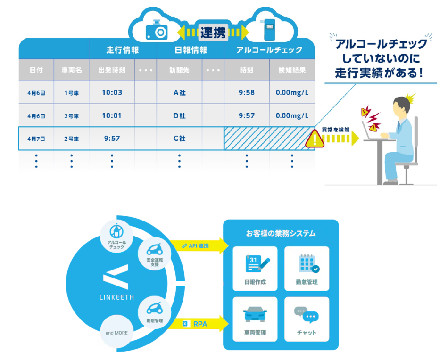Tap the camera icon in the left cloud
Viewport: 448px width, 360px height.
coord(157,31)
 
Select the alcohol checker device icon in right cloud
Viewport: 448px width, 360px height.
coord(269,30)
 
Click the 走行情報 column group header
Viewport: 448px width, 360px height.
coord(122,50)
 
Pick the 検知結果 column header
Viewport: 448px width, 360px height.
coord(292,70)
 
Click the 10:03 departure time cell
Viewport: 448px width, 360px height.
coord(112,92)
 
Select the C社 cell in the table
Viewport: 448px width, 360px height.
coord(179,139)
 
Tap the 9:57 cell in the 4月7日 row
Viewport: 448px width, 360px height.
coord(112,139)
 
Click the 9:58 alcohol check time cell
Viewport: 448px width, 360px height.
coord(246,92)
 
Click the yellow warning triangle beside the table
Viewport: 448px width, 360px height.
coord(314,139)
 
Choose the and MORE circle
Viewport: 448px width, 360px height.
coord(116,332)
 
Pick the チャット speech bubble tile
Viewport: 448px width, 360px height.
coord(307,318)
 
